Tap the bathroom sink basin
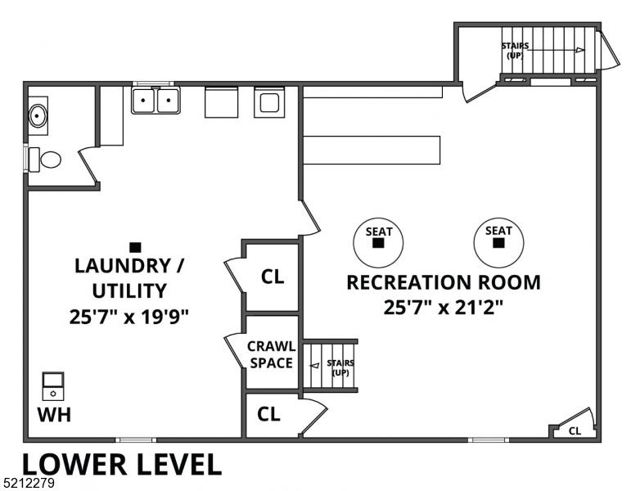pyautogui.click(x=38, y=115)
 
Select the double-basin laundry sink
pyautogui.click(x=155, y=101)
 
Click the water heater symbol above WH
pyautogui.click(x=53, y=385)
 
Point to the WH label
pyautogui.click(x=54, y=415)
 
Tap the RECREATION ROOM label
pyautogui.click(x=443, y=282)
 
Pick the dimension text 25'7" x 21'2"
pyautogui.click(x=443, y=308)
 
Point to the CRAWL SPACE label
pyautogui.click(x=271, y=354)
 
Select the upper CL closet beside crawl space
pyautogui.click(x=272, y=277)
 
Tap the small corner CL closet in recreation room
pyautogui.click(x=575, y=430)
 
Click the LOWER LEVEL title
pyautogui.click(x=121, y=464)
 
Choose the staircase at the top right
pyautogui.click(x=545, y=50)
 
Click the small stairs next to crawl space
pyautogui.click(x=331, y=367)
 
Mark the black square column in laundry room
pyautogui.click(x=135, y=246)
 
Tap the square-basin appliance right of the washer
pyautogui.click(x=269, y=102)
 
